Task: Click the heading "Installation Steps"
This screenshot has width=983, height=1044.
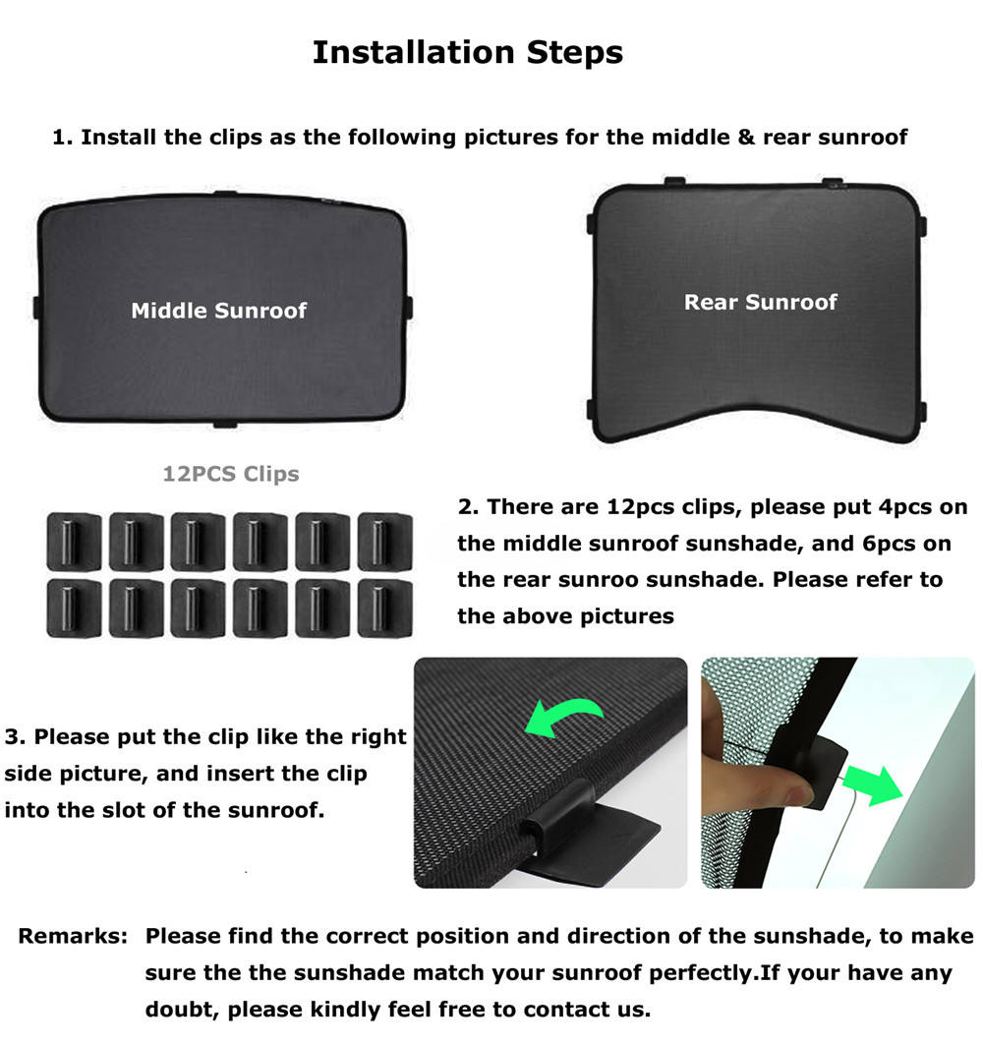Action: click(x=468, y=53)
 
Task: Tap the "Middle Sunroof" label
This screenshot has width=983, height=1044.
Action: click(x=218, y=311)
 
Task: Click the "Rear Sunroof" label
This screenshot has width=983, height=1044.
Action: click(x=761, y=302)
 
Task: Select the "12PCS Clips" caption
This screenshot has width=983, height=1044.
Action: click(x=231, y=474)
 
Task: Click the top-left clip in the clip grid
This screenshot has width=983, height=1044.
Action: click(x=74, y=542)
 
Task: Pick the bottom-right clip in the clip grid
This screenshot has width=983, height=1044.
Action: click(x=385, y=609)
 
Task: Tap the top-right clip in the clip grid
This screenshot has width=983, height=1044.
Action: click(x=385, y=542)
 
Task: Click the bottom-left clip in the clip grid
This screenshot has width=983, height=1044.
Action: click(x=74, y=609)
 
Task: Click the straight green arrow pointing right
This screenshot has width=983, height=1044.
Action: click(x=874, y=784)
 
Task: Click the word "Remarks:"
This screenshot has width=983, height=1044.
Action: click(x=73, y=936)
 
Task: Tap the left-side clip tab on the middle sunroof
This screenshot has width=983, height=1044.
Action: click(x=37, y=308)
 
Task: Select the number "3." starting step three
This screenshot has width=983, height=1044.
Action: click(x=16, y=737)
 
